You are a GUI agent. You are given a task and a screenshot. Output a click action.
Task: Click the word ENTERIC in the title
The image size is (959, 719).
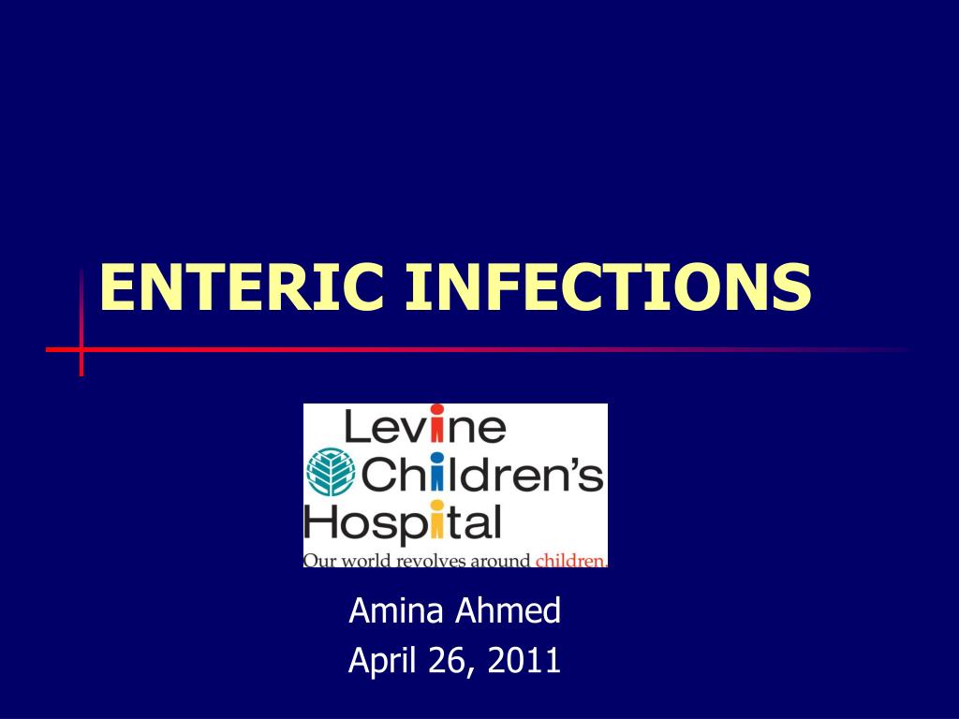point(242,287)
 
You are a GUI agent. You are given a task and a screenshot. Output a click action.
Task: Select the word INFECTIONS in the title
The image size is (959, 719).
point(609,287)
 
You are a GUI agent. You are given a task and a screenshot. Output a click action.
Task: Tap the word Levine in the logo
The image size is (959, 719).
point(425,427)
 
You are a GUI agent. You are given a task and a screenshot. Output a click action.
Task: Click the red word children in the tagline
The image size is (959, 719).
point(569,561)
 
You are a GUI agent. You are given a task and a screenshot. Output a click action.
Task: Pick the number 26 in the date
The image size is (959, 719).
point(443,661)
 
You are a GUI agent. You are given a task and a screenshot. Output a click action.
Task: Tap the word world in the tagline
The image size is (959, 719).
point(363,561)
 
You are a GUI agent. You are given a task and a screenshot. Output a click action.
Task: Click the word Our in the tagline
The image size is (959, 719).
point(318,561)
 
